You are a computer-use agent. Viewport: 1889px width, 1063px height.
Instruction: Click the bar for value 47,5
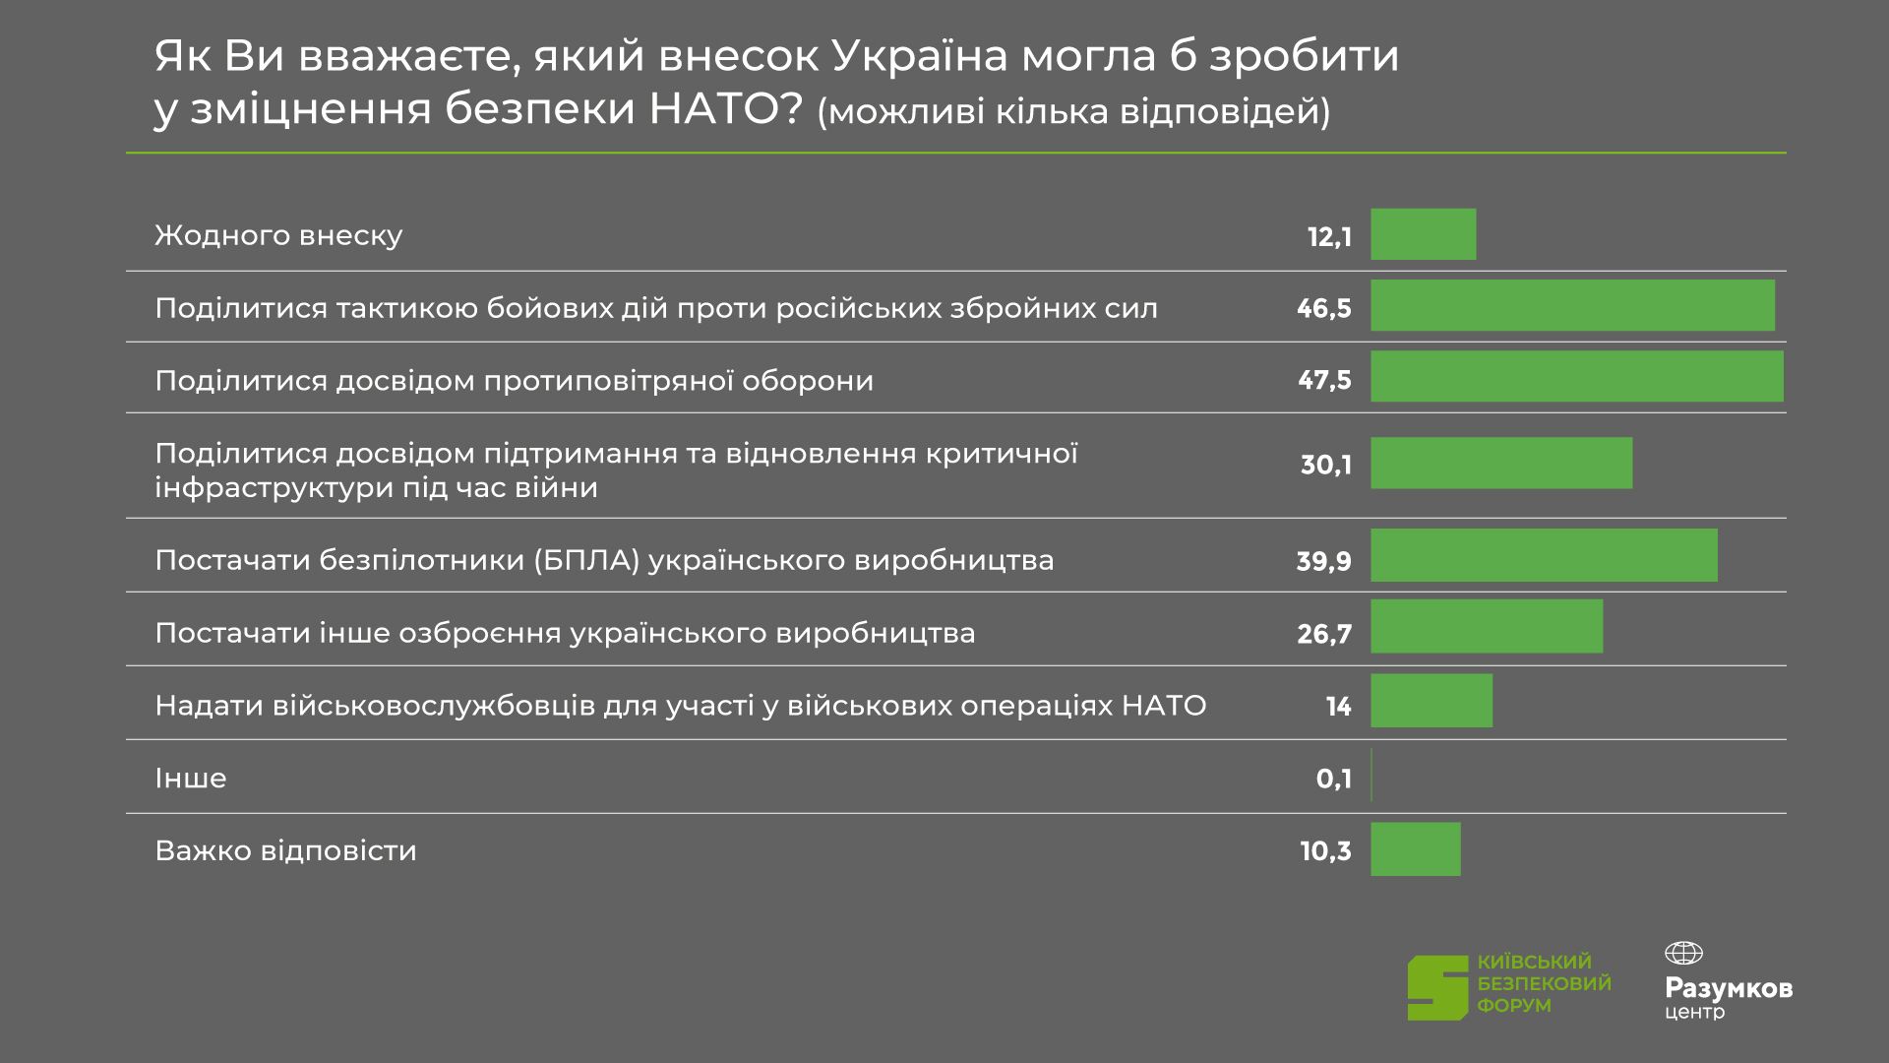[1576, 376]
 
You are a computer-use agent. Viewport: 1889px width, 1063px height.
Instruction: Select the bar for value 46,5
[1572, 305]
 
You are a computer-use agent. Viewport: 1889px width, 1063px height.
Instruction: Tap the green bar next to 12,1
[1423, 234]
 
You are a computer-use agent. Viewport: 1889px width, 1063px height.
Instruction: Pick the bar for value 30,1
[1501, 463]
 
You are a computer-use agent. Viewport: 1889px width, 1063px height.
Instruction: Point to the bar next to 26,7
[1487, 626]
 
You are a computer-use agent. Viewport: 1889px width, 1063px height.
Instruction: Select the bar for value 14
[1432, 701]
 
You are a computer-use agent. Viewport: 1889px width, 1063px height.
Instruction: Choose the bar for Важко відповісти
[1416, 849]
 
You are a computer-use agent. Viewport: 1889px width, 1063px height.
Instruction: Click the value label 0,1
[1333, 780]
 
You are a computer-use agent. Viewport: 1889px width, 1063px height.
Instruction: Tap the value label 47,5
[1324, 381]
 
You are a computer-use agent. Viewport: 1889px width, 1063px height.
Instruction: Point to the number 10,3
[1325, 851]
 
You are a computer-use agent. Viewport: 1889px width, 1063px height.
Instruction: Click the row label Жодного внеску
[278, 236]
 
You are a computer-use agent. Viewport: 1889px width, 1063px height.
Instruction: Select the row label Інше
[191, 779]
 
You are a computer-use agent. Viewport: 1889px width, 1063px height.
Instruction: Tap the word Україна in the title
[920, 57]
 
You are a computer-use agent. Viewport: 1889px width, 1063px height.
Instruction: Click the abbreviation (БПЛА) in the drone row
[587, 561]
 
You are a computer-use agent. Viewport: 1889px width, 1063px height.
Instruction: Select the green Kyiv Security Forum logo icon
[1436, 987]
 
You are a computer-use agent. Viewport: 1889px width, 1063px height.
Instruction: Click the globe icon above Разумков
[1682, 953]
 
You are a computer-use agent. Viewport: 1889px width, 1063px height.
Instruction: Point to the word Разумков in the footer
[1728, 988]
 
